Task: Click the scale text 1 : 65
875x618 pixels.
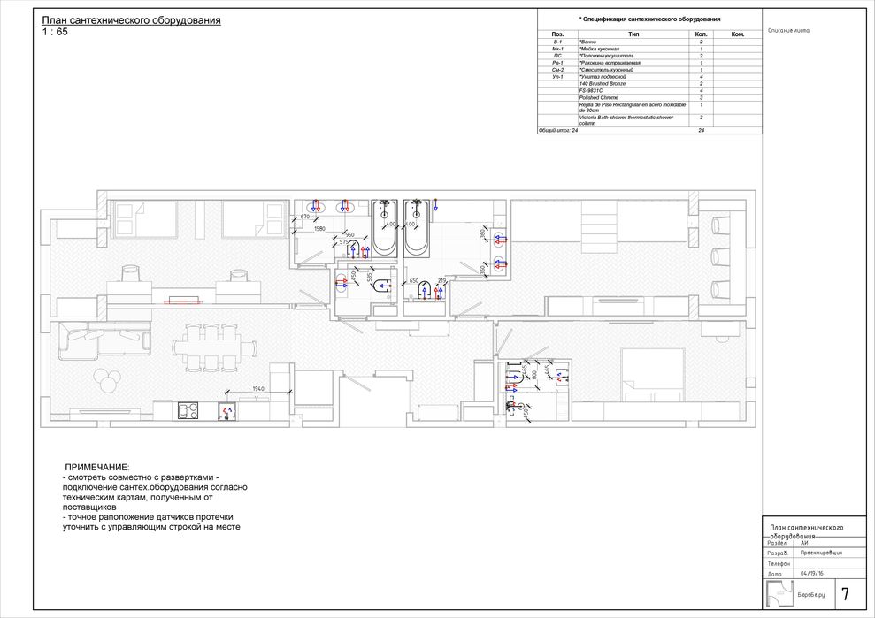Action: coord(54,32)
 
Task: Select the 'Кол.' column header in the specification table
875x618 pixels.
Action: coord(701,34)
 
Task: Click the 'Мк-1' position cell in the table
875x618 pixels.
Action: coord(556,49)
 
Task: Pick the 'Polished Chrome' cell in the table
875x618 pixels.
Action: coord(598,98)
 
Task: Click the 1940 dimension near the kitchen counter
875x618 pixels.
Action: coord(257,389)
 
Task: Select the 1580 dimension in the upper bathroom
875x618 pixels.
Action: coord(320,228)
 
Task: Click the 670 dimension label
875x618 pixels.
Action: coord(305,217)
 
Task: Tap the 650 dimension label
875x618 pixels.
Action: coord(413,280)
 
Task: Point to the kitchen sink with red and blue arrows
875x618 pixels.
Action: coord(226,411)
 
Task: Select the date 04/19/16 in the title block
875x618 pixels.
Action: coord(810,572)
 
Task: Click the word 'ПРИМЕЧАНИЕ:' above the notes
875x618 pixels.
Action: coord(97,466)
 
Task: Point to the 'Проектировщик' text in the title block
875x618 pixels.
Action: coord(820,552)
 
